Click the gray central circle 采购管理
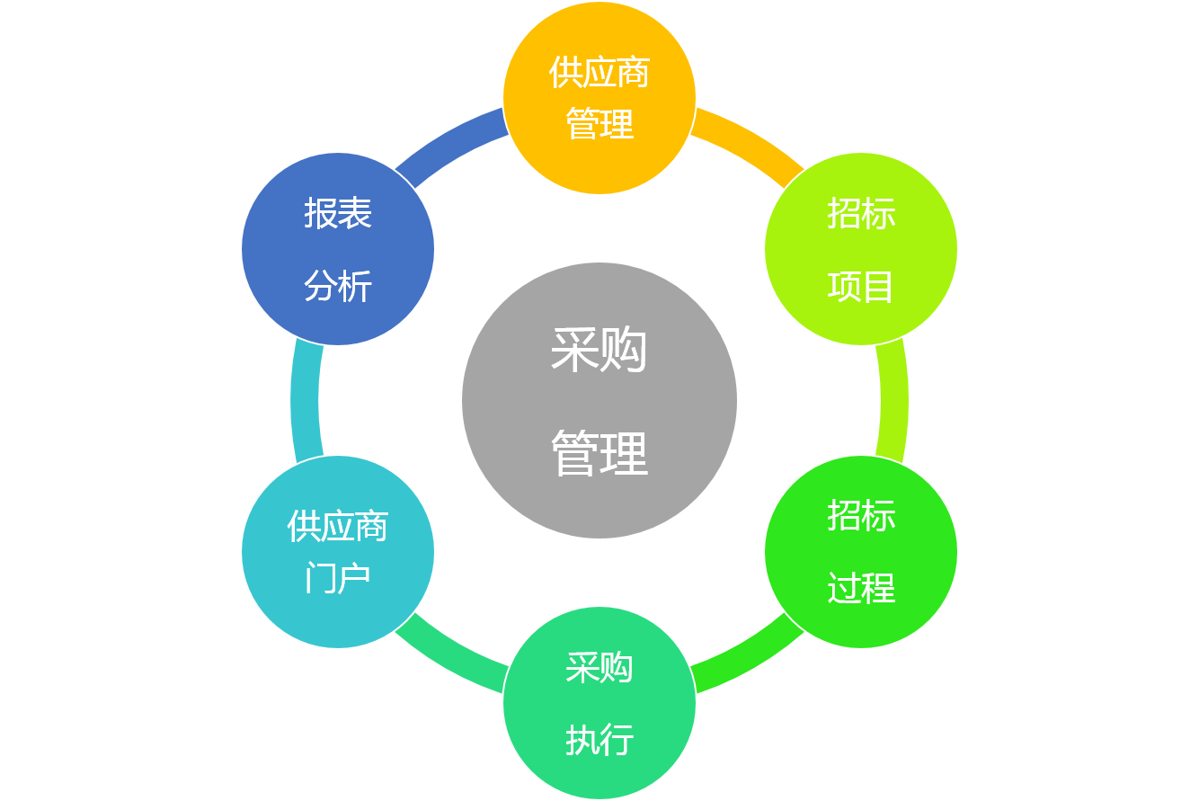(x=599, y=400)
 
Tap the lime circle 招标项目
(x=861, y=249)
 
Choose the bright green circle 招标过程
(x=861, y=551)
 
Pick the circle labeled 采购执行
(x=599, y=702)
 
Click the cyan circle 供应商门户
(x=338, y=551)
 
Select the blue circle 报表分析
(x=338, y=249)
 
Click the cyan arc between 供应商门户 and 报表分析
(x=306, y=400)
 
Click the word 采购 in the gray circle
(x=599, y=350)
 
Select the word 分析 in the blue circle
(x=338, y=288)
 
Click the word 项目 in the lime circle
(x=861, y=288)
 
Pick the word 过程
(x=861, y=589)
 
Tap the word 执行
(x=599, y=741)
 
